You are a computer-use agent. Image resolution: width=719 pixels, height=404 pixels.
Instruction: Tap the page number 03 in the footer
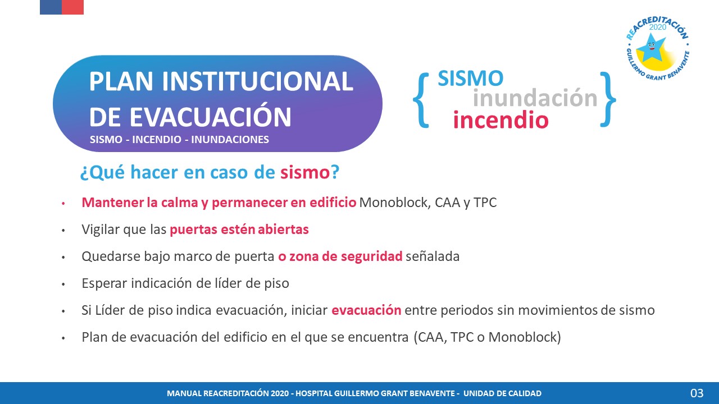pyautogui.click(x=697, y=393)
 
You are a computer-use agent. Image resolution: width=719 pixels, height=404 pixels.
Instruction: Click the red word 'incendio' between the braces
pyautogui.click(x=500, y=120)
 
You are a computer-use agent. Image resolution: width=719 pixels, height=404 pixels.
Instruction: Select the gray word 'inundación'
pyautogui.click(x=535, y=98)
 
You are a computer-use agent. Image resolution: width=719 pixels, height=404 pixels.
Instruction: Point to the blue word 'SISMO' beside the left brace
pyautogui.click(x=471, y=78)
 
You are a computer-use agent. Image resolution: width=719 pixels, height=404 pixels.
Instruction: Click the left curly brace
pyautogui.click(x=421, y=100)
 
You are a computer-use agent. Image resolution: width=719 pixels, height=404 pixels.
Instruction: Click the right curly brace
pyautogui.click(x=608, y=99)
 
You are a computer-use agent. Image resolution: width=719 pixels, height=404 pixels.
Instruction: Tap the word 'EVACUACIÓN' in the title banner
pyautogui.click(x=210, y=117)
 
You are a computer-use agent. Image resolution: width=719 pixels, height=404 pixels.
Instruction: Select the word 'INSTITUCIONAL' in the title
pyautogui.click(x=257, y=81)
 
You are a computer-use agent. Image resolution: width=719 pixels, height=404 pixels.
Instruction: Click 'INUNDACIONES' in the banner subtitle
pyautogui.click(x=230, y=140)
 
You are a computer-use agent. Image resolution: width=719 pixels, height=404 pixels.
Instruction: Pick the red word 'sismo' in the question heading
pyautogui.click(x=305, y=172)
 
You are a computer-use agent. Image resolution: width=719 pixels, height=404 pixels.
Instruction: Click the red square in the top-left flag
pyautogui.click(x=73, y=7)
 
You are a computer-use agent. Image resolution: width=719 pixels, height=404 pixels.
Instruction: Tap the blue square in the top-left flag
pyautogui.click(x=51, y=7)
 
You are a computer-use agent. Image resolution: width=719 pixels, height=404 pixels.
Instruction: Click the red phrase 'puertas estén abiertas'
pyautogui.click(x=239, y=229)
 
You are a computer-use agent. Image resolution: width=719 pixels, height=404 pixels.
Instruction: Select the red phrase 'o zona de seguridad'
pyautogui.click(x=340, y=256)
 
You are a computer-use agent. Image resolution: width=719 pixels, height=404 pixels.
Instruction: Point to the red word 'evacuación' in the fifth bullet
pyautogui.click(x=366, y=310)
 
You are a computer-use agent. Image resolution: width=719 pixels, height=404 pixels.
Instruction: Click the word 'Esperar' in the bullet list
pyautogui.click(x=104, y=283)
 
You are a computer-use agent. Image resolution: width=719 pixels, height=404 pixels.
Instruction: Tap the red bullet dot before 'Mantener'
pyautogui.click(x=63, y=203)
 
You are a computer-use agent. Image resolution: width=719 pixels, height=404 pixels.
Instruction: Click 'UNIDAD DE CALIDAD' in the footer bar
pyautogui.click(x=502, y=393)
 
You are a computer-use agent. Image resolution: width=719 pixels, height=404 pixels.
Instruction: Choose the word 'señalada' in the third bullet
pyautogui.click(x=433, y=256)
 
